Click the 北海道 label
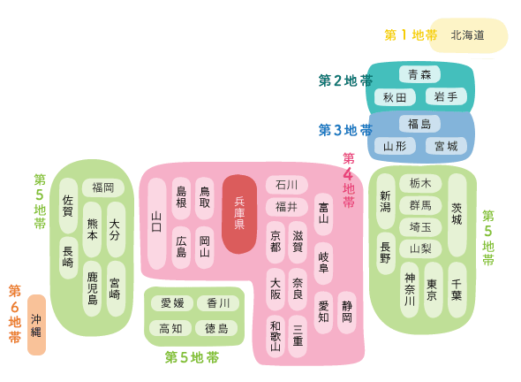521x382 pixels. click(467, 35)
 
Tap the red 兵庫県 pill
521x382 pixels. click(239, 214)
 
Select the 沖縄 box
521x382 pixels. click(36, 325)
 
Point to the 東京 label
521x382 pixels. click(432, 289)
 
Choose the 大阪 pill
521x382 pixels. click(276, 289)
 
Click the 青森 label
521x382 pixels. click(419, 74)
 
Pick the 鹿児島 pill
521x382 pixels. click(92, 288)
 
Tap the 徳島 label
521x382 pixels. click(216, 328)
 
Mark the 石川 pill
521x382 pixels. click(287, 185)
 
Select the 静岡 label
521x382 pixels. click(347, 312)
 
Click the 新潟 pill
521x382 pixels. click(385, 202)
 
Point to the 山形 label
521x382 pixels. click(395, 146)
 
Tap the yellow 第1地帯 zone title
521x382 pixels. click(411, 35)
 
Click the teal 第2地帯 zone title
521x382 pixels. click(345, 80)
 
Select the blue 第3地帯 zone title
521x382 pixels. click(345, 130)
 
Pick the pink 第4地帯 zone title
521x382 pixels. click(349, 180)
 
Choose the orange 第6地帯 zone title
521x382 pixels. click(15, 313)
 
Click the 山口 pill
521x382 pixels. click(157, 224)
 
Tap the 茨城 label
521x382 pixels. click(457, 214)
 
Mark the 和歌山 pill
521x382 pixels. click(276, 336)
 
